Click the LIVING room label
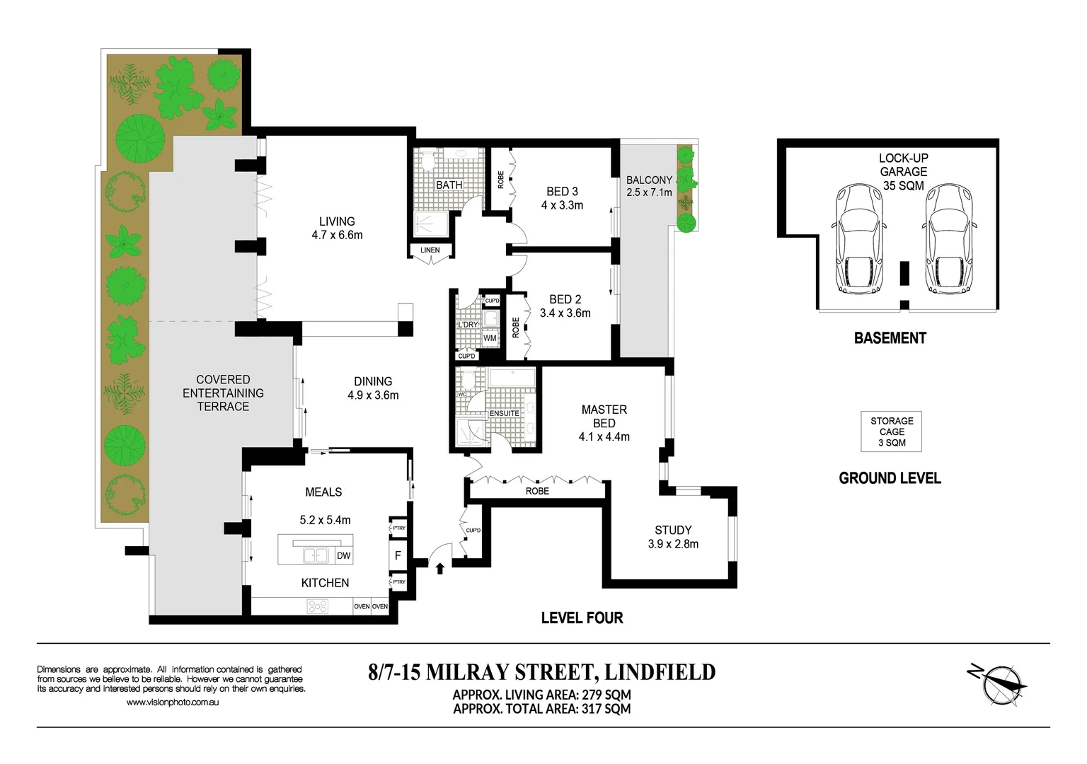click(x=337, y=221)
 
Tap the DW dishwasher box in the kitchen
click(x=343, y=555)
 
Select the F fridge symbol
click(x=398, y=555)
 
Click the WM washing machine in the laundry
click(x=490, y=338)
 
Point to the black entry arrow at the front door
click(x=440, y=567)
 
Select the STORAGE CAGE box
click(x=892, y=432)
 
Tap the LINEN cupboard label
click(x=430, y=250)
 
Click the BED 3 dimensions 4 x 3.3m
click(x=562, y=205)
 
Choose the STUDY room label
click(x=673, y=530)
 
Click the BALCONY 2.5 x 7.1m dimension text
click(x=649, y=192)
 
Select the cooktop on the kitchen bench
click(x=317, y=606)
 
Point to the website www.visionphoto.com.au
click(x=173, y=702)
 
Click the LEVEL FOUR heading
click(x=582, y=618)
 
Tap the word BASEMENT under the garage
click(x=890, y=338)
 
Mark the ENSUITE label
click(x=504, y=413)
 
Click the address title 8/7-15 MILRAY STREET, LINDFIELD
click(x=541, y=671)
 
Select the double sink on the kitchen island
click(x=316, y=555)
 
